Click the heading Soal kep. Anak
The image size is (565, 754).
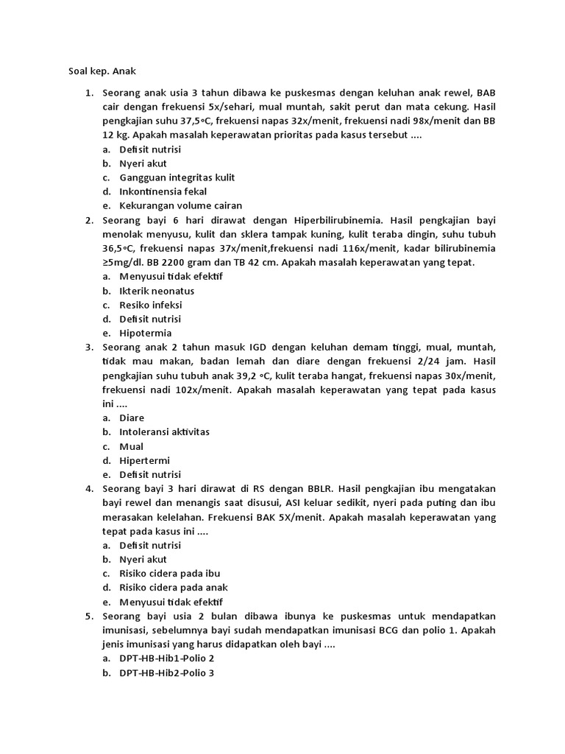98,71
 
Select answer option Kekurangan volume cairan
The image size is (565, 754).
180,205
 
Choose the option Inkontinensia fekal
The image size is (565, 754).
163,191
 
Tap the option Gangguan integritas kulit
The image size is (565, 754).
177,177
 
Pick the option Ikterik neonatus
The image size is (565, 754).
157,291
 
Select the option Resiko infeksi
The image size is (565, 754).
151,305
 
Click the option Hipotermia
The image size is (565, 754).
145,333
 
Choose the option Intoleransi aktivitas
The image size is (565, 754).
164,432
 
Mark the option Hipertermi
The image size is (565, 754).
144,460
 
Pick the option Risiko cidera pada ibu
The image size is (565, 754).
169,574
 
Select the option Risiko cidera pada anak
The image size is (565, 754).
174,588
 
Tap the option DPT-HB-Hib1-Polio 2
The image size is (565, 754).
167,658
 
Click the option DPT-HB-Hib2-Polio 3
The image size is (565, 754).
167,672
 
